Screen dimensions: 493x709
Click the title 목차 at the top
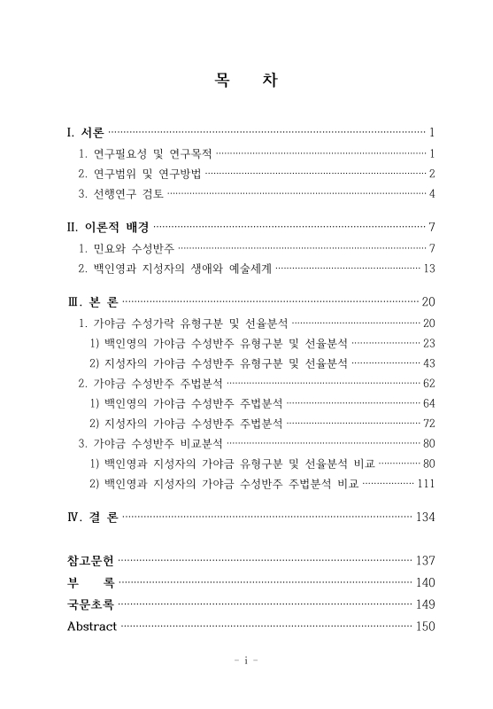246,81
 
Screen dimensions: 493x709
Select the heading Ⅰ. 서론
86,134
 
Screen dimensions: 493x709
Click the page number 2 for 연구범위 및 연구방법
432,173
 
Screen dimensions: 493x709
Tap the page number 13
429,267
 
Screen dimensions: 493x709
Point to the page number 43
429,363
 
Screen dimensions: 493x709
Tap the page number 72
429,424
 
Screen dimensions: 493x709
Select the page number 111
426,483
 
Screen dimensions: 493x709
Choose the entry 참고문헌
90,560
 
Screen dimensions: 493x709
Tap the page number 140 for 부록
426,582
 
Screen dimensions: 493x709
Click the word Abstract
91,627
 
